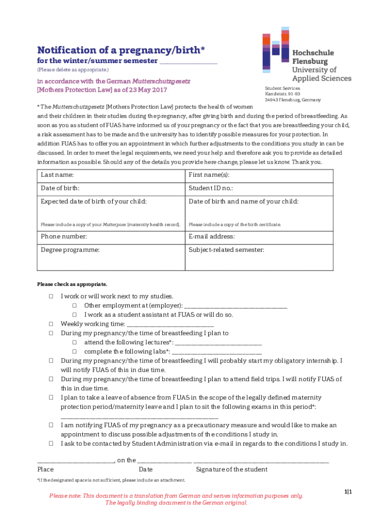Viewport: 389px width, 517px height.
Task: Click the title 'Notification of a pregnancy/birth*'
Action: (x=121, y=49)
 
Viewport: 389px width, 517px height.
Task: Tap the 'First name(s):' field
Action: (x=259, y=175)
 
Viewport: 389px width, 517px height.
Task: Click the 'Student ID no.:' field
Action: (x=259, y=188)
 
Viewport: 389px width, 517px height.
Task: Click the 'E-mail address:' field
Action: (x=259, y=237)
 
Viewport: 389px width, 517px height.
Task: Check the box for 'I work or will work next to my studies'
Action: (x=51, y=296)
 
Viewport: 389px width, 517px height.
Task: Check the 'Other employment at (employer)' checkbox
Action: (x=74, y=305)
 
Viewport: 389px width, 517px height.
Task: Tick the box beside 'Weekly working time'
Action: (x=51, y=324)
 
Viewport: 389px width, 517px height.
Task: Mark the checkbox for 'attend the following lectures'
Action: (x=74, y=342)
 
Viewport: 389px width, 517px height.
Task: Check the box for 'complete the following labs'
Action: (x=74, y=351)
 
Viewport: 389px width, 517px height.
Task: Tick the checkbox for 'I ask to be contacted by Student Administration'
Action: (x=51, y=443)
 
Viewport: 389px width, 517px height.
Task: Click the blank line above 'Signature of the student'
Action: (x=261, y=460)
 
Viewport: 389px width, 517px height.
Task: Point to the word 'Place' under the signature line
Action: (x=45, y=470)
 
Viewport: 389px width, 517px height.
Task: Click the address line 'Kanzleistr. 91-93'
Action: (x=282, y=94)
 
